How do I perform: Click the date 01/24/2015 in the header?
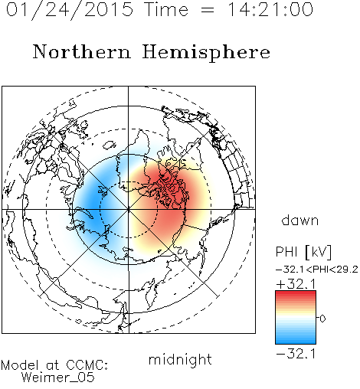[x=70, y=10]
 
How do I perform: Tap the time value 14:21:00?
[x=270, y=10]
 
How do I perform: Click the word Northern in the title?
[x=82, y=52]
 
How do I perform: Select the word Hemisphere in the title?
[x=206, y=53]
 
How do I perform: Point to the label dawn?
[x=300, y=220]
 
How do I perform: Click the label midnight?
[x=180, y=360]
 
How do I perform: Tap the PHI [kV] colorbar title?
[x=304, y=252]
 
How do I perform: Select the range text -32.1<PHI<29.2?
[x=317, y=270]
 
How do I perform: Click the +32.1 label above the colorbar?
[x=296, y=284]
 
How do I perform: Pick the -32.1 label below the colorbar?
[x=296, y=355]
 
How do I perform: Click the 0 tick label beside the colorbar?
[x=322, y=319]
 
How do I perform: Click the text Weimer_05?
[x=58, y=378]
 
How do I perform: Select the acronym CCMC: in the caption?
[x=87, y=365]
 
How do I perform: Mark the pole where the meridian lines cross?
[x=129, y=210]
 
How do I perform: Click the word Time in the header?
[x=166, y=10]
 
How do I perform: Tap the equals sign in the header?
[x=208, y=10]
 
